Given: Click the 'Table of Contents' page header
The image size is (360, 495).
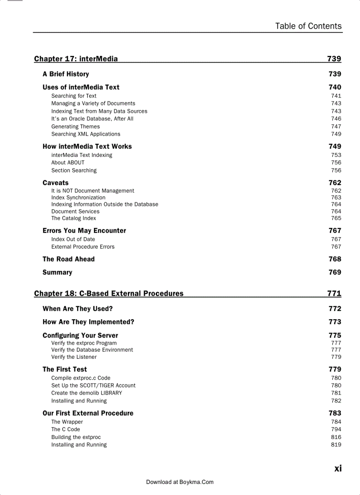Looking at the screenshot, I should click(x=308, y=26).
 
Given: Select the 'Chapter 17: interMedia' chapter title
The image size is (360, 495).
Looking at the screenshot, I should click(x=76, y=59).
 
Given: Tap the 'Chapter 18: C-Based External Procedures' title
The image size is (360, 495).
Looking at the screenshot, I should click(x=109, y=294).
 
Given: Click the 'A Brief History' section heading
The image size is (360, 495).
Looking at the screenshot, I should click(x=66, y=74).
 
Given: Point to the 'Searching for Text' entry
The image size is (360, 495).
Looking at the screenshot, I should click(x=74, y=96).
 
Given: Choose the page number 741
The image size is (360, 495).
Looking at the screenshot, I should click(x=336, y=96).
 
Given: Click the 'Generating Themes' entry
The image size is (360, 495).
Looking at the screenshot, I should click(x=75, y=127).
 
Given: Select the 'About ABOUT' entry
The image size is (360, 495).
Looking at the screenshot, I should click(x=67, y=163).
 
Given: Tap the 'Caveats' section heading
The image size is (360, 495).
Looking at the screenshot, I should click(x=56, y=183).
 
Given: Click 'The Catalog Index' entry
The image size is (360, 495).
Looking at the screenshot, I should click(x=73, y=218).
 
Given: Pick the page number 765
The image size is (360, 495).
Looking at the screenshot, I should click(x=336, y=218).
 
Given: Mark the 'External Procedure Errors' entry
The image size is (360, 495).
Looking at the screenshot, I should click(x=82, y=247).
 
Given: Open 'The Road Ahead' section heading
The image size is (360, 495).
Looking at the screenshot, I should click(x=68, y=259).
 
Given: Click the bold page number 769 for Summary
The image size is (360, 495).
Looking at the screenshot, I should click(x=334, y=272).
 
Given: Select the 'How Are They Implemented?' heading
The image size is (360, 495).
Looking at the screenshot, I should click(x=88, y=322).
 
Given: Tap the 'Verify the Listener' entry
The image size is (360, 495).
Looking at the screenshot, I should click(x=74, y=357).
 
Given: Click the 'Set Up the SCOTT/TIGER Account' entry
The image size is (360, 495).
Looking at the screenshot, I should click(x=93, y=385).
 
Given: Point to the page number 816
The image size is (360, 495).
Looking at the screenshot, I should click(x=336, y=437).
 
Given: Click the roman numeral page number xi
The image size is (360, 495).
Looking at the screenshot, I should click(x=337, y=469).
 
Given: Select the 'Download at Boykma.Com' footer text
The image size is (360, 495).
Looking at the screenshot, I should click(x=180, y=482).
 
